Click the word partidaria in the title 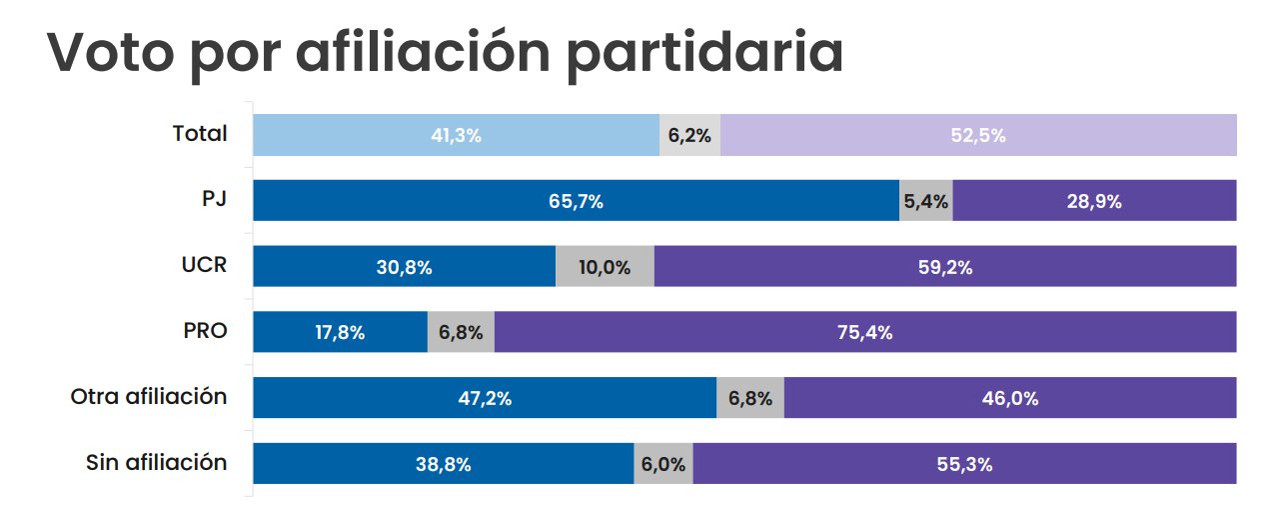(704, 53)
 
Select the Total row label (200, 134)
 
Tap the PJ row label (214, 199)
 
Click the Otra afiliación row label (149, 396)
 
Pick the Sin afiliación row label (157, 462)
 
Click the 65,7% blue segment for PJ (576, 200)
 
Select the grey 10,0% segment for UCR (605, 266)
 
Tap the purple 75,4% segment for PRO (864, 332)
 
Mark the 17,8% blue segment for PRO (340, 332)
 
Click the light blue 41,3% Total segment (456, 135)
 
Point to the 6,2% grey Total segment (689, 135)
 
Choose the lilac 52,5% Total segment (978, 135)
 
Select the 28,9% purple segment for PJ (1094, 200)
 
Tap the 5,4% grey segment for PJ (925, 200)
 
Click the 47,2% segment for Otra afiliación (485, 398)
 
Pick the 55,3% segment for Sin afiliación (964, 464)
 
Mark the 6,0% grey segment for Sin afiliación (663, 464)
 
